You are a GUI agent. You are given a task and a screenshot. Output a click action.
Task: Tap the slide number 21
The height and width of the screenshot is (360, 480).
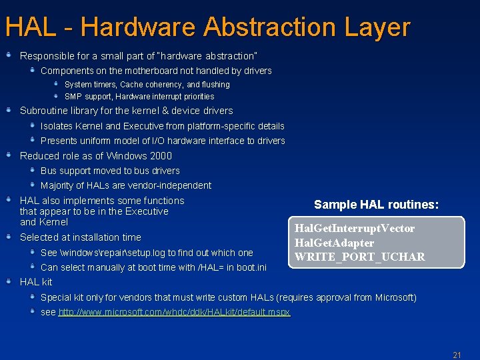tap(457, 355)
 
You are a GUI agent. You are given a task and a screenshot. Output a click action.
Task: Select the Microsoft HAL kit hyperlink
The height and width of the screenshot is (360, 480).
tap(174, 312)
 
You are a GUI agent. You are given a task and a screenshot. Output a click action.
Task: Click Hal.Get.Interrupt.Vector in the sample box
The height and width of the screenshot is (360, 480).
tap(355, 229)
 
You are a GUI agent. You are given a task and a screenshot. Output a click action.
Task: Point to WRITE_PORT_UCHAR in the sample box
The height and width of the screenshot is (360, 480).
tap(359, 257)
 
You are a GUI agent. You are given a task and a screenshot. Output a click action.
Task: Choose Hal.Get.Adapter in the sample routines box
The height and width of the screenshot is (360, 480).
tap(334, 243)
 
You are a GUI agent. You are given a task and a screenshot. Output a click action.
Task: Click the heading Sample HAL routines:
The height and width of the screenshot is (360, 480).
tap(376, 205)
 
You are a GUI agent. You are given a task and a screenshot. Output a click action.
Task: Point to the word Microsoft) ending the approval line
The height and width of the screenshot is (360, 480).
tap(394, 297)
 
